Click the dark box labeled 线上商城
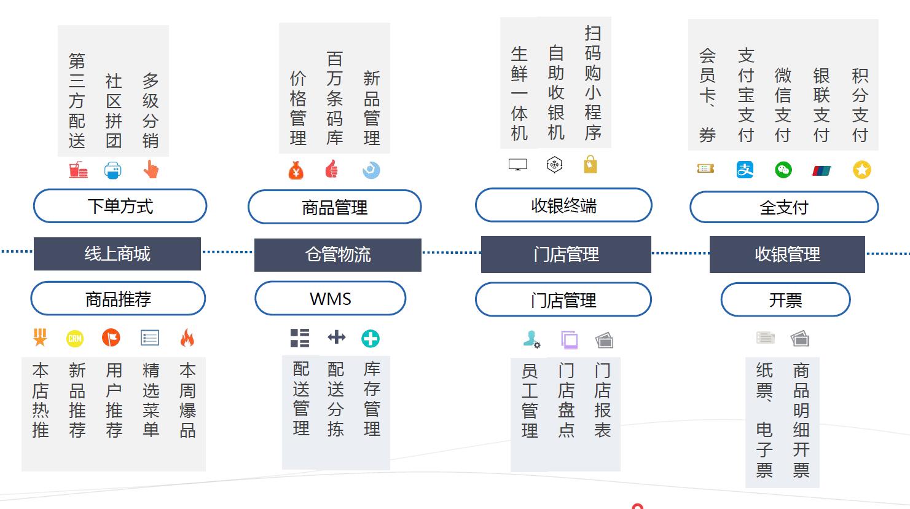coord(117,254)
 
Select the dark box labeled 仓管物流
coord(337,254)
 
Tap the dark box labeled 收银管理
coord(787,254)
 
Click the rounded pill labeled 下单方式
coord(120,206)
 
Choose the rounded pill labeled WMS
coord(331,299)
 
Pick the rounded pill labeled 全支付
coord(784,207)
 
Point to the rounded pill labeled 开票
coord(785,300)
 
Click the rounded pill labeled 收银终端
coord(563,205)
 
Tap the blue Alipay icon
coord(745,170)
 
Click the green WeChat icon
coord(783,170)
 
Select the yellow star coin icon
coord(862,170)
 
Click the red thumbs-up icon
coord(332,169)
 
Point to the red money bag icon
coord(296,170)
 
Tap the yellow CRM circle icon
coord(75,338)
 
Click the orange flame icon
coord(187,337)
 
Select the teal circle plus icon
coord(371,338)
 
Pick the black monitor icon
coord(518,165)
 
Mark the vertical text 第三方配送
coord(77,101)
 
